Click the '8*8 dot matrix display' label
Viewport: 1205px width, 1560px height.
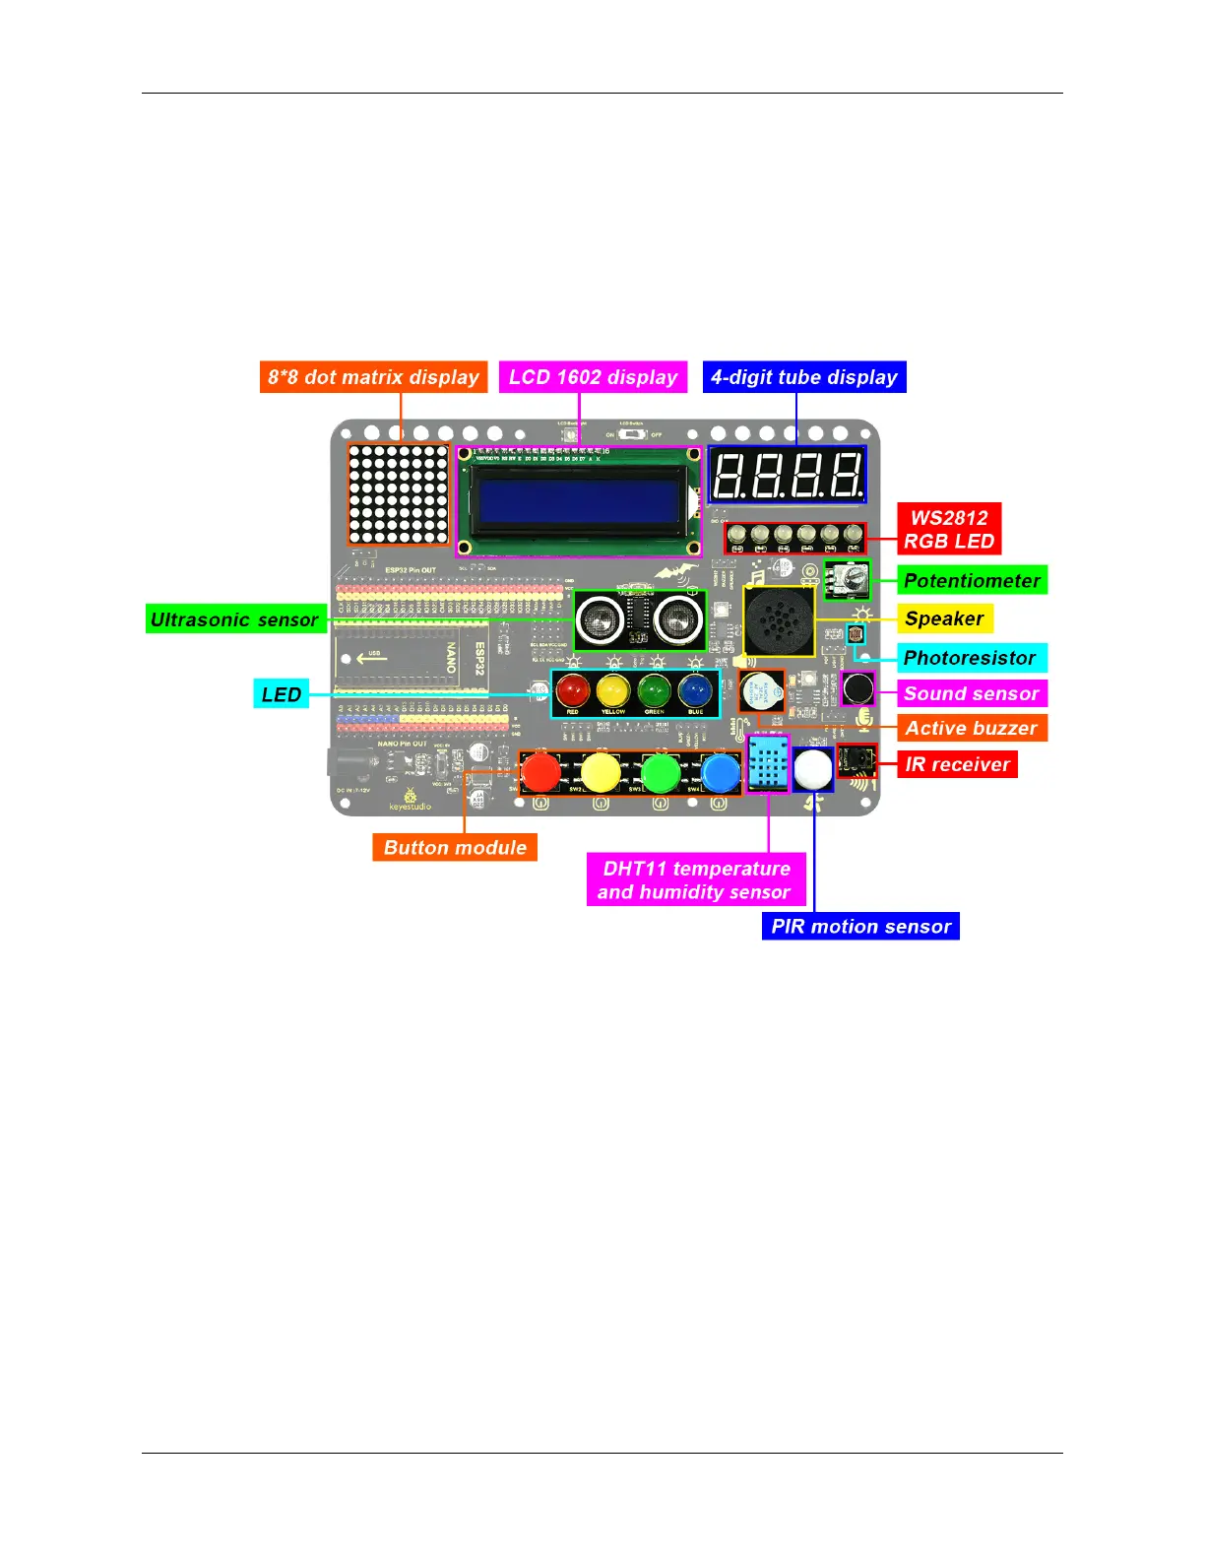(373, 377)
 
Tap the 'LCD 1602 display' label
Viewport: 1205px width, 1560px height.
(593, 377)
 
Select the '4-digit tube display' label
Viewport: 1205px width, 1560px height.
(804, 377)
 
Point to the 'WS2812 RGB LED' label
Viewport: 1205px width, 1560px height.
(949, 529)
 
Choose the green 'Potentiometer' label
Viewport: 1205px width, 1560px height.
(972, 581)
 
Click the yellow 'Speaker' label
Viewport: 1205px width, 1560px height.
(944, 618)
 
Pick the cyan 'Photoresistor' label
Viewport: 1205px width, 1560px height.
(970, 658)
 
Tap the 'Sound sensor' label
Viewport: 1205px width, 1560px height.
(971, 693)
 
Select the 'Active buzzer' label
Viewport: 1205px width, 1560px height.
(971, 728)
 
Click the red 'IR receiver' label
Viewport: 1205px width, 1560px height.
(957, 764)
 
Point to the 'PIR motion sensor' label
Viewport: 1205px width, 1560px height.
(860, 926)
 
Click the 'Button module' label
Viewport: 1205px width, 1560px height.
(455, 847)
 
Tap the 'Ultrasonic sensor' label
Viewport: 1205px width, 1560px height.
(235, 619)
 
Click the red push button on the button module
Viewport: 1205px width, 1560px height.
(540, 772)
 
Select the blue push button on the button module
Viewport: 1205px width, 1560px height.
(721, 773)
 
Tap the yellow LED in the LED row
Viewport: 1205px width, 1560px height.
(612, 690)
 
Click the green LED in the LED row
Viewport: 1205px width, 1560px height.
(654, 690)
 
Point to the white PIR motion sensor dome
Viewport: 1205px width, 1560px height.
(813, 769)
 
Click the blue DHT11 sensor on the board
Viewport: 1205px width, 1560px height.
(768, 764)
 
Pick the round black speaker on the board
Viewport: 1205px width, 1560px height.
(779, 620)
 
